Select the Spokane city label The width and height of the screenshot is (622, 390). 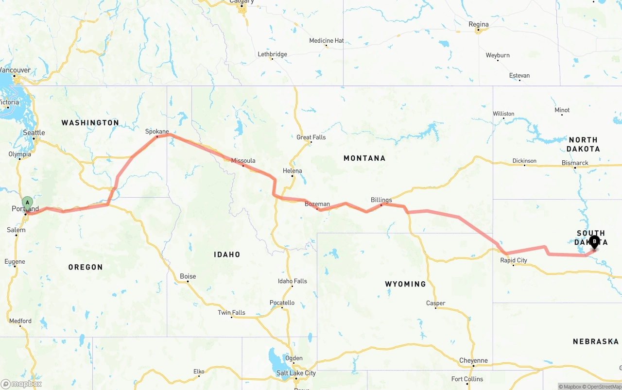157,131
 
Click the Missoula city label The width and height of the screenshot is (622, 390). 243,160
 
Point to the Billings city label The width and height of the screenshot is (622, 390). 381,200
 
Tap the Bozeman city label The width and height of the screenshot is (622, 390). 317,204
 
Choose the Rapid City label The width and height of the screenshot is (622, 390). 514,260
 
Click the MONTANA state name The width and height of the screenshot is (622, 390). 364,158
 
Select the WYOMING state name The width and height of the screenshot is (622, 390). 405,284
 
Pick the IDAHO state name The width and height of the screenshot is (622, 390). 227,254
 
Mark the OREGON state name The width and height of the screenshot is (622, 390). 86,267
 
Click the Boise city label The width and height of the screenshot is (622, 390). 188,276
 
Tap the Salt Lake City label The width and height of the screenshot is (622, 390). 296,373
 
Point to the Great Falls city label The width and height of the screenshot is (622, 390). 311,137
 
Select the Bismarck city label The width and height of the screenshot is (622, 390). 575,163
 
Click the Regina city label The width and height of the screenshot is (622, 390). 478,24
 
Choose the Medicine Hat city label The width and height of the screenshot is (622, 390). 326,41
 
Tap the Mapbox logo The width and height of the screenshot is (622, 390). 21,384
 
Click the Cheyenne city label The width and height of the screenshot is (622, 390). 473,360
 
